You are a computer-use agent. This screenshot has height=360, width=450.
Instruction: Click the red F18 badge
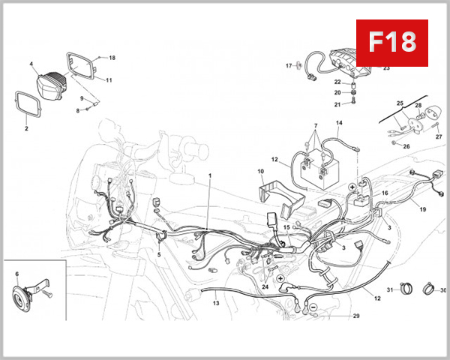pos(391,42)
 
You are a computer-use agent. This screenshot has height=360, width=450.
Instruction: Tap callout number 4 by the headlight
pos(32,65)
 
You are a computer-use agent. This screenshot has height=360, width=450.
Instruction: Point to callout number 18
pos(112,58)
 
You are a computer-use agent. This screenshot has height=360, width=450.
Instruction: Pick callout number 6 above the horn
pos(17,274)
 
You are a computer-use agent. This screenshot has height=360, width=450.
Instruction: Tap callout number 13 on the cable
pos(216,304)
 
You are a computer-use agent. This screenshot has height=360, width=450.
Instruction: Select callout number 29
pos(356,316)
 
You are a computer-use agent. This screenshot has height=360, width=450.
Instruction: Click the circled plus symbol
pos(352,186)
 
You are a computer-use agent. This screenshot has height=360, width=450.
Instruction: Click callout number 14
pos(339,123)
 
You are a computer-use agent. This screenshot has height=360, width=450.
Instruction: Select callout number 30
pos(442,290)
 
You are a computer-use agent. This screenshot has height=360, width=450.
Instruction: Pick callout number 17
pos(288,66)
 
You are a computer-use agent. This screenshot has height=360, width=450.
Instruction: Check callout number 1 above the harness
pos(210,175)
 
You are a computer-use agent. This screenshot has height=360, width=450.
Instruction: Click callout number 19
pos(422,210)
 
